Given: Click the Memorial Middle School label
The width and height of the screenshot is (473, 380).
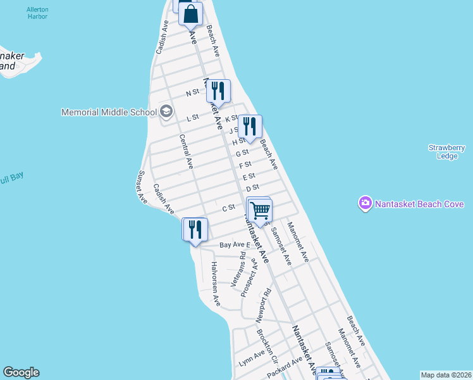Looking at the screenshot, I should coord(109,112).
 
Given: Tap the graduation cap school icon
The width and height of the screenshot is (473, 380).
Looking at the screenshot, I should coord(166,112).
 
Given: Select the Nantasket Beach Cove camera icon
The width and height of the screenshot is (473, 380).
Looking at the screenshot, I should coord(365,204).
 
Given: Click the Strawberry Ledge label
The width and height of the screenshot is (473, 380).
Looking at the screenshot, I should coord(446,152).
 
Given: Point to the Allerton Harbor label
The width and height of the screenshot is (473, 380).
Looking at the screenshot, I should coord(37,13).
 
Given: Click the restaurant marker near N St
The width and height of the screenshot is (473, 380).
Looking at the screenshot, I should coord(218,91).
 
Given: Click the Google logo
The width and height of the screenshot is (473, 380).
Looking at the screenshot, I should coord(21,372).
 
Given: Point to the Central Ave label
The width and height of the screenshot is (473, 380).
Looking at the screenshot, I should coord(185,151).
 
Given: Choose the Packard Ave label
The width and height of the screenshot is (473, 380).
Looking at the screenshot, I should coord(285,367).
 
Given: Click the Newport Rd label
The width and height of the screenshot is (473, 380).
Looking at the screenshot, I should coord(264,305).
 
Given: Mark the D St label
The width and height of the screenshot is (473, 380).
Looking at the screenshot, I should coord(253,187).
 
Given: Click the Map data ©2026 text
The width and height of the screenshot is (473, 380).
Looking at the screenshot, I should coord(445,375).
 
